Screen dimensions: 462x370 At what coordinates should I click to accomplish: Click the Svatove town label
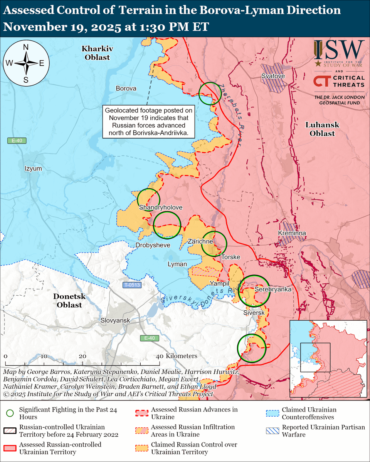(273, 76)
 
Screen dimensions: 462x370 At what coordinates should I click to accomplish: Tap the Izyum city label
(33, 169)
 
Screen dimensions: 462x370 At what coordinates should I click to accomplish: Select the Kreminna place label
(292, 233)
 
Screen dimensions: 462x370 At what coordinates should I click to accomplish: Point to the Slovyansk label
(115, 320)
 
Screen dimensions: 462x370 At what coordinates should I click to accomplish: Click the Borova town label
(126, 89)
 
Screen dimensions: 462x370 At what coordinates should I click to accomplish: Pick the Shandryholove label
(160, 208)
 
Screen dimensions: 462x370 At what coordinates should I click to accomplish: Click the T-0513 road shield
(132, 285)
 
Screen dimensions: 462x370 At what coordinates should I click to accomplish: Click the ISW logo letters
(339, 50)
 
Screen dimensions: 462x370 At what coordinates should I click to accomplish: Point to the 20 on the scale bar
(82, 356)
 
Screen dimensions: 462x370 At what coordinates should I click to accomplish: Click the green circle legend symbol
(10, 413)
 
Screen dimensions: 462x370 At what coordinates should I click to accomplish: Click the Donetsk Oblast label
(69, 300)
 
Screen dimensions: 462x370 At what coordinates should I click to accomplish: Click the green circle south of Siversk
(252, 348)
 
